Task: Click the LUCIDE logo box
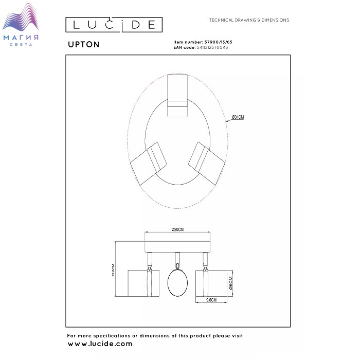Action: click(114, 25)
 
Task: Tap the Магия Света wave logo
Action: click(21, 25)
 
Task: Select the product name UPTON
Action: click(83, 44)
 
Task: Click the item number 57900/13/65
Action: click(219, 42)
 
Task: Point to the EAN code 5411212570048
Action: click(212, 47)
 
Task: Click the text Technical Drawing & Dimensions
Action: click(249, 20)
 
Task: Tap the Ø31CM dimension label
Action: click(238, 117)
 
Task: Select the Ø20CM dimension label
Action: click(177, 229)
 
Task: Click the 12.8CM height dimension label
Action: click(113, 270)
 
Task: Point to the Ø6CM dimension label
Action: click(231, 283)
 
